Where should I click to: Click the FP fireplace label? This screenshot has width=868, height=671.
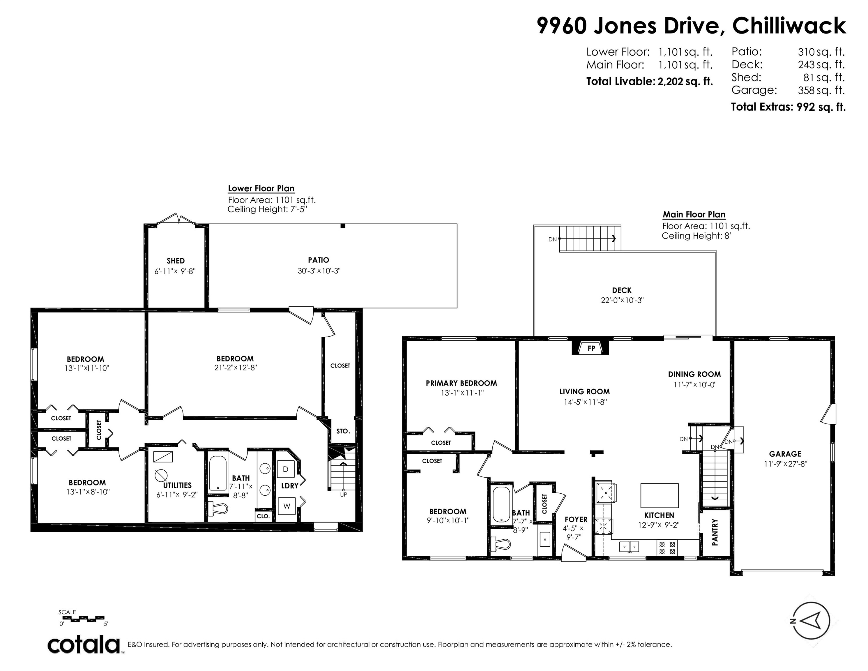[591, 348]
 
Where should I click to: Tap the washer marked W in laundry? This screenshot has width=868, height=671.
[287, 506]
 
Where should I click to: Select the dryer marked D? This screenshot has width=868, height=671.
[285, 469]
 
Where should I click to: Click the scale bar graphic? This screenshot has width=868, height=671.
[83, 619]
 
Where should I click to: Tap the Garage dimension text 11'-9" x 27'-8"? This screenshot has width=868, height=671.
[785, 464]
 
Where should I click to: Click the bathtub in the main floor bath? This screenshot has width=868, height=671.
[501, 504]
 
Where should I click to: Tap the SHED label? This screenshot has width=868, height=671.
[176, 261]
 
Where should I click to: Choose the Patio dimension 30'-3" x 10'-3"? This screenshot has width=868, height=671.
[319, 271]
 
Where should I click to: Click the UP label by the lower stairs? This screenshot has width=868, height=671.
[343, 495]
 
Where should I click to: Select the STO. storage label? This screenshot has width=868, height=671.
[343, 431]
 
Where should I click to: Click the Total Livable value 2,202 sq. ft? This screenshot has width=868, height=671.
[685, 82]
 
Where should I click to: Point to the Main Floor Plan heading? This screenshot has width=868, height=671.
[694, 215]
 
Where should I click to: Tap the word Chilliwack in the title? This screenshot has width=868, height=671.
[789, 26]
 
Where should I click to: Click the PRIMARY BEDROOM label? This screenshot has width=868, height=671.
[462, 383]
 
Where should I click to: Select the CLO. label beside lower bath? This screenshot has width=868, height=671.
[263, 516]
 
